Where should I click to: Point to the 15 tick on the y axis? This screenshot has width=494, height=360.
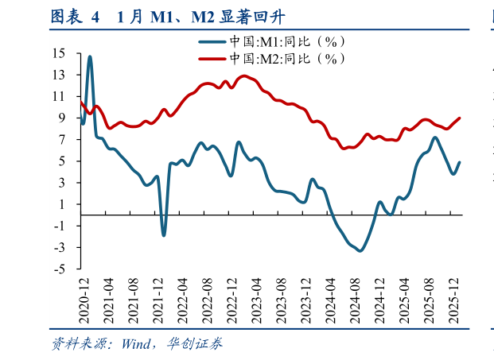[x=60, y=53]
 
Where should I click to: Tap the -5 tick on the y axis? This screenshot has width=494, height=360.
[x=60, y=269]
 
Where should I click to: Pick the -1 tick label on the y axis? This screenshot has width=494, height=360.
[x=60, y=226]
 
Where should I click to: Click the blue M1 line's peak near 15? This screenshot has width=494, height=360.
[x=90, y=56]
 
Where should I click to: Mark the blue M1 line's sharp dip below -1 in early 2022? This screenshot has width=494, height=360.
[x=164, y=234]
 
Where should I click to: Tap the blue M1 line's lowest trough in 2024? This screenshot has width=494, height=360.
[x=360, y=251]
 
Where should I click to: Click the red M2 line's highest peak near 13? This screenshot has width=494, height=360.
[x=243, y=76]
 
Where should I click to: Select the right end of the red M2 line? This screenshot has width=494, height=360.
[x=460, y=118]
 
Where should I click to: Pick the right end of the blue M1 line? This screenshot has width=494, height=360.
[x=460, y=163]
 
